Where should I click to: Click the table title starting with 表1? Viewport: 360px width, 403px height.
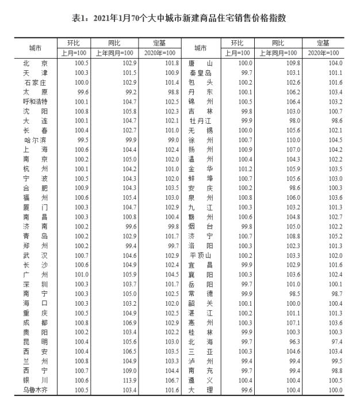[179, 18]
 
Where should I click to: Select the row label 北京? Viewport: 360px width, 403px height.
[35, 63]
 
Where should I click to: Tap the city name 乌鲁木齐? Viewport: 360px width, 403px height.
[35, 390]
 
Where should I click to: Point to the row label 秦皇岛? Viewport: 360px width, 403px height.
[201, 73]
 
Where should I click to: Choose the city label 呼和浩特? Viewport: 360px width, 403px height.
[35, 101]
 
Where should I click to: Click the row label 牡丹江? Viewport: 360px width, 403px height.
[201, 121]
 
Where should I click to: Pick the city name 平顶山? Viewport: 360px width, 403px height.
[201, 255]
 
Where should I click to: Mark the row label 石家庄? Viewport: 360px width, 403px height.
[35, 82]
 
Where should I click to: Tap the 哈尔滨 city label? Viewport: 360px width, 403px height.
[35, 140]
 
